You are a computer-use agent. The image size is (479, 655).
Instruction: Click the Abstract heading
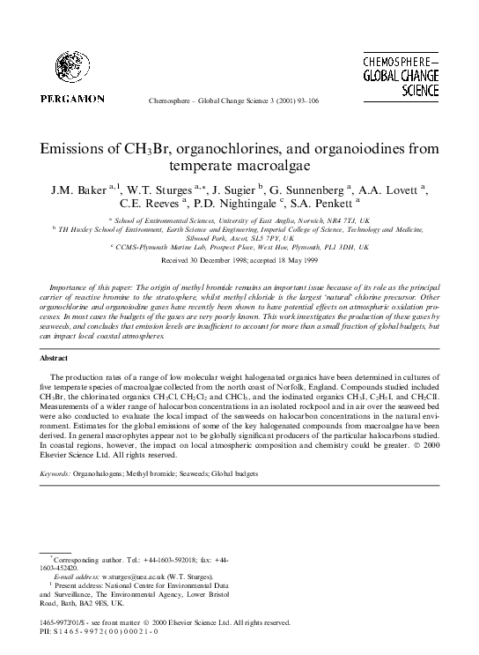(55, 358)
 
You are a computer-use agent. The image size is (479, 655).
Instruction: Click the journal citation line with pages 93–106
(239, 103)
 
